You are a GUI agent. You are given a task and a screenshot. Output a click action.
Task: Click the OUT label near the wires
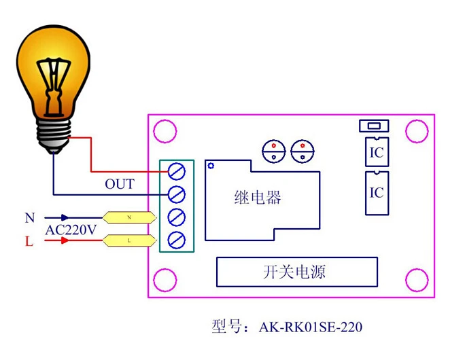pos(120,184)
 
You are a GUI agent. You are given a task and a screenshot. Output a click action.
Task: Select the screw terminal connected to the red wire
pos(177,171)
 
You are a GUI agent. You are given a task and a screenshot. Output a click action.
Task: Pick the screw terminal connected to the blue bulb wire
pos(177,194)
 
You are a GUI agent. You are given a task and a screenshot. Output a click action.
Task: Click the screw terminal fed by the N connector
pos(177,217)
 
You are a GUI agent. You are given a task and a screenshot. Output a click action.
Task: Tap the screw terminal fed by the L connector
pos(177,240)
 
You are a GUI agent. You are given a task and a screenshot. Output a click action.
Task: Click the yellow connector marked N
pos(129,217)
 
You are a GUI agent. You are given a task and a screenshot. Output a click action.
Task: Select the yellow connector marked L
pos(129,240)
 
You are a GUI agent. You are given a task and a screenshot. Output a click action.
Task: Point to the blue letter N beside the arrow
pos(30,218)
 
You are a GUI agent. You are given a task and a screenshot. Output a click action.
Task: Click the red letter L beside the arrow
pos(29,241)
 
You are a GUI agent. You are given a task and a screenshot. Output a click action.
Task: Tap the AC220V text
pos(71,230)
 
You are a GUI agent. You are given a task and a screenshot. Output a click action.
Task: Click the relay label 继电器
pos(258,198)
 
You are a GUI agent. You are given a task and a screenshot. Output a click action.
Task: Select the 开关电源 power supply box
pos(297,272)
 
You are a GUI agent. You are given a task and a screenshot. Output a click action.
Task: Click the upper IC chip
pos(377,151)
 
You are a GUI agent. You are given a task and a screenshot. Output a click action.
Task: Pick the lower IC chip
pos(377,193)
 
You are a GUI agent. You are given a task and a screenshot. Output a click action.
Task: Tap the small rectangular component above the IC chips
pos(374,126)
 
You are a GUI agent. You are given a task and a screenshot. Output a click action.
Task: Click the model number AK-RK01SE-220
pos(310,327)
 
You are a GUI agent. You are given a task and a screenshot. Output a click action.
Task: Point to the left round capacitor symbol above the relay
pos(274,151)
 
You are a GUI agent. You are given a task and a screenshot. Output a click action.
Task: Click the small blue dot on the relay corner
pos(211,166)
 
